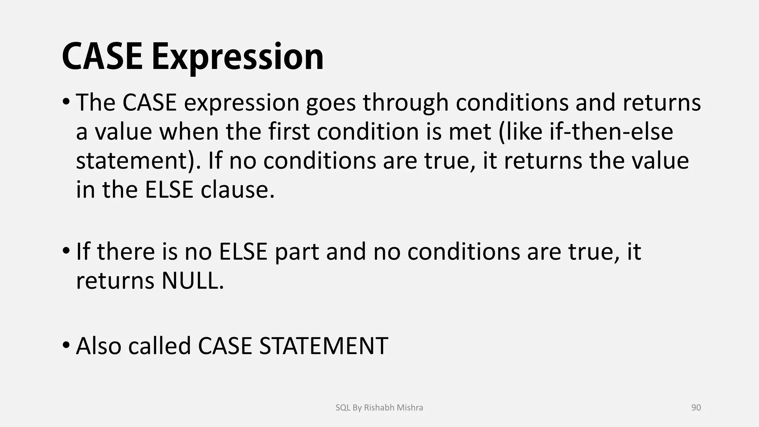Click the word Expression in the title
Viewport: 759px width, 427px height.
(237, 57)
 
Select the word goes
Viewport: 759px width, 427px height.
(331, 103)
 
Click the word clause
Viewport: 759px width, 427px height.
(237, 190)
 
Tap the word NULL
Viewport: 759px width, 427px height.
(193, 281)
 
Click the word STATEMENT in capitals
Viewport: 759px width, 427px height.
(323, 346)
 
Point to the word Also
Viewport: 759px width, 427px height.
(99, 346)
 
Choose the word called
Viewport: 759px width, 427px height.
(159, 346)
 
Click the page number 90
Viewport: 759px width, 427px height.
(696, 408)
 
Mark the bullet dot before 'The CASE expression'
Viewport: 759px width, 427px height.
(66, 102)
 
